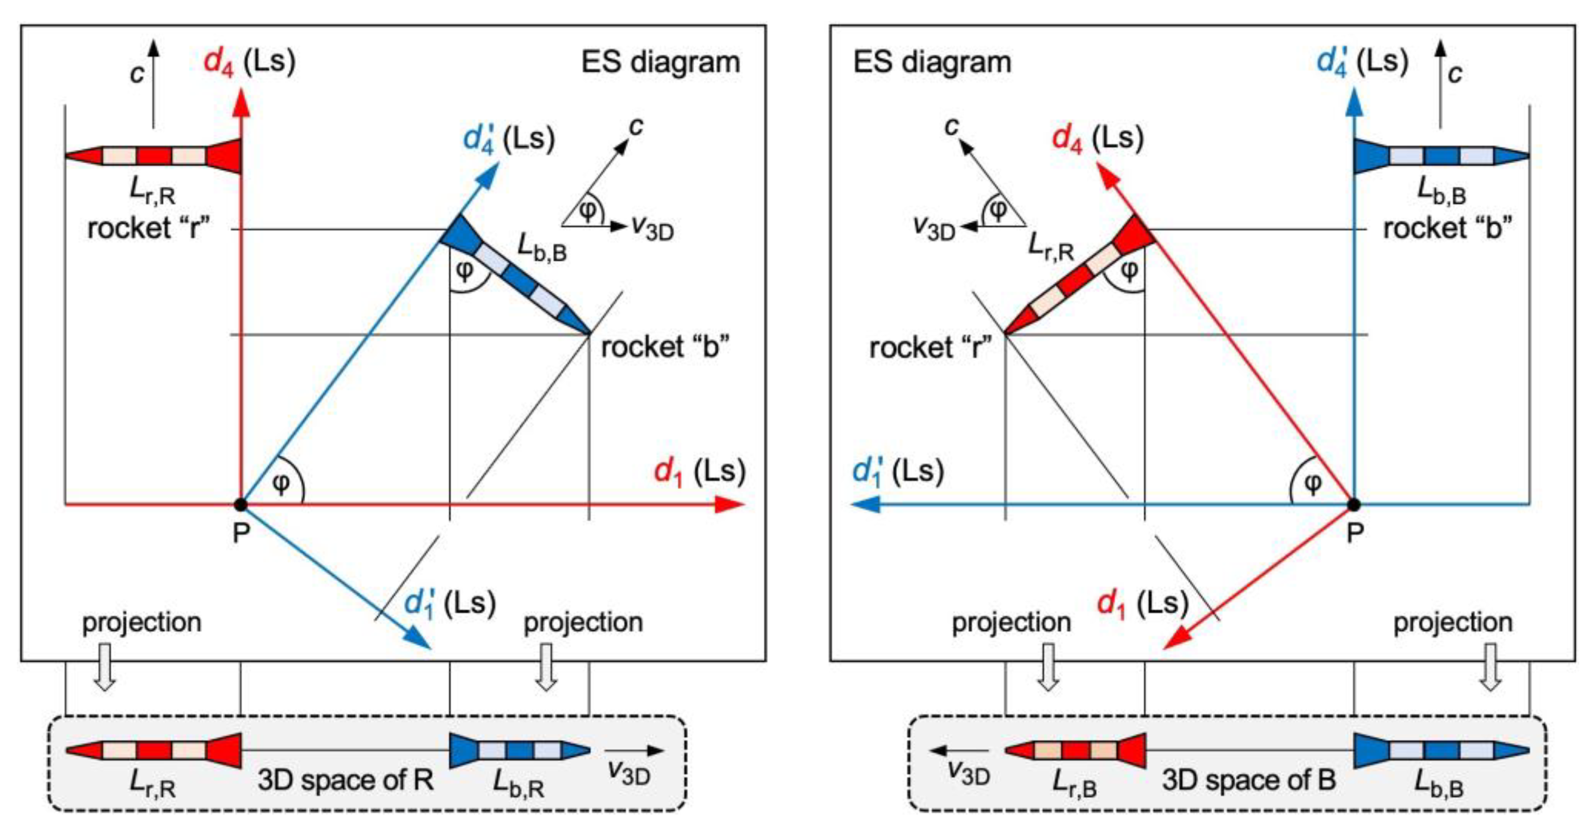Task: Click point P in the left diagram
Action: (x=241, y=505)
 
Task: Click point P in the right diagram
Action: (x=1353, y=505)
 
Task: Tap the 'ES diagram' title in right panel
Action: (x=932, y=62)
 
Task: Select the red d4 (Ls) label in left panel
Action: (x=249, y=62)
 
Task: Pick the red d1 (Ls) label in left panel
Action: (x=700, y=472)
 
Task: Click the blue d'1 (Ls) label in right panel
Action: (x=897, y=472)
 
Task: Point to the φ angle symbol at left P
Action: (x=281, y=483)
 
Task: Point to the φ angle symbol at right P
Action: (x=1311, y=483)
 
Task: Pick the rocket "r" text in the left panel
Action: (x=149, y=229)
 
